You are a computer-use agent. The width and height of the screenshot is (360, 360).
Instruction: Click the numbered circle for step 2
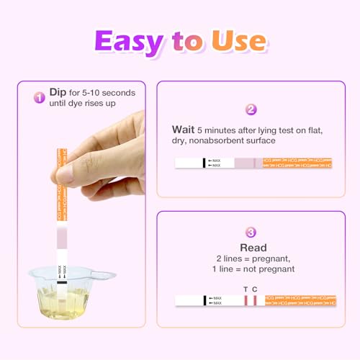(x=251, y=110)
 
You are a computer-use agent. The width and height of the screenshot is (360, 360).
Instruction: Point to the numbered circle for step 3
(x=251, y=232)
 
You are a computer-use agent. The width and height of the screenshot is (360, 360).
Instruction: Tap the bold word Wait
(x=182, y=130)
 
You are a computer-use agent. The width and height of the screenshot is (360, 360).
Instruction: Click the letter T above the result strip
(x=245, y=289)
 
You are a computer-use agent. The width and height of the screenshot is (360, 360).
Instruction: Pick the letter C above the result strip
(x=255, y=289)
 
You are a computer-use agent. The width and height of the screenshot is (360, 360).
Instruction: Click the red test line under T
(x=246, y=300)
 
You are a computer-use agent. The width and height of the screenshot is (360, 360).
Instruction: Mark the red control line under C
(x=255, y=300)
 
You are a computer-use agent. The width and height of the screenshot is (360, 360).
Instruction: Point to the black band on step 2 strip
(x=204, y=164)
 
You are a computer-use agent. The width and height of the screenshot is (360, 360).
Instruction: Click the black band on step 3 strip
(x=204, y=300)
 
